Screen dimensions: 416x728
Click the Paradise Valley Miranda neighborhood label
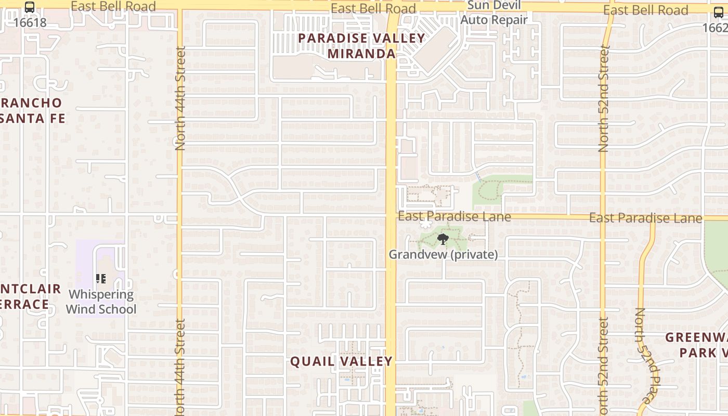(x=361, y=46)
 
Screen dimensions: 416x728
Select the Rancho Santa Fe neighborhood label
(x=32, y=110)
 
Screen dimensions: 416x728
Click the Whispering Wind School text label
(x=101, y=302)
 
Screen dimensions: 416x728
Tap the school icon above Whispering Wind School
(x=101, y=279)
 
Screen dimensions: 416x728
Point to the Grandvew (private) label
(x=443, y=254)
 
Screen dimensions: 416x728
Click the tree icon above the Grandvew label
(x=443, y=239)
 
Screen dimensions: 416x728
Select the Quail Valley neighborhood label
(x=341, y=361)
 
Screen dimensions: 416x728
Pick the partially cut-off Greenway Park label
(x=697, y=345)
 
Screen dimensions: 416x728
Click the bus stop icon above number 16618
(x=30, y=7)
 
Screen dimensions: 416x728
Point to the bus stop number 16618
(x=30, y=22)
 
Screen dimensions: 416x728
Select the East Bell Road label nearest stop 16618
(x=113, y=6)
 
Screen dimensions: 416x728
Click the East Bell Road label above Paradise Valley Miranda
(x=373, y=8)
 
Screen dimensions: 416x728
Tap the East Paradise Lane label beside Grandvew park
(x=454, y=216)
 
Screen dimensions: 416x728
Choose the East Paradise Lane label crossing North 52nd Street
(x=645, y=218)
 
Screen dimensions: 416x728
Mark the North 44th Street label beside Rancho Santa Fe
(x=180, y=99)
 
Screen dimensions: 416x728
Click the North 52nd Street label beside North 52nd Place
(x=603, y=367)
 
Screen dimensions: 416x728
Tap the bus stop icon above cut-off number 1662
(x=718, y=12)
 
